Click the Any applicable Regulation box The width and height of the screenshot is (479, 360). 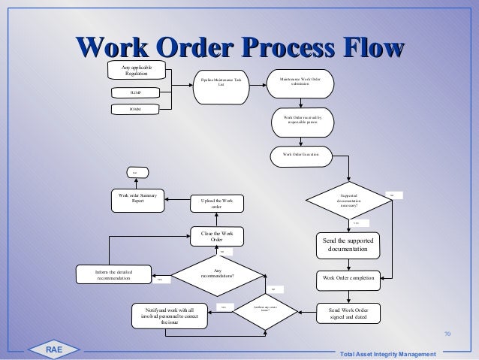point(137,71)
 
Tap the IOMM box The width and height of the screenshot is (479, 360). point(137,110)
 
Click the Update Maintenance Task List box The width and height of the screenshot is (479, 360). point(221,81)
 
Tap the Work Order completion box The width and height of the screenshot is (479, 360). point(350,277)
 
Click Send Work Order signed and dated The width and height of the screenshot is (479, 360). point(350,312)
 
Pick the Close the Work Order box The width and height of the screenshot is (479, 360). point(218,237)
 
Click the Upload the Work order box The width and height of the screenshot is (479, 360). point(218,203)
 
